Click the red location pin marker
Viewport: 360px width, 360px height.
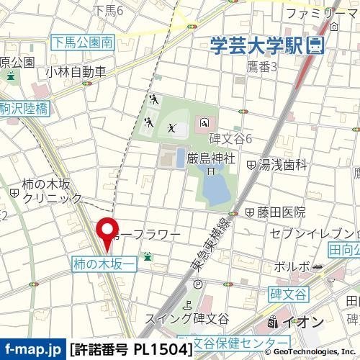coord(108,232)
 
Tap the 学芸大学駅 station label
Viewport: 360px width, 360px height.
coord(256,46)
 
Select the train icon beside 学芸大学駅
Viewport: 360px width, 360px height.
coord(314,46)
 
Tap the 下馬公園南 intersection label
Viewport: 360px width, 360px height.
coord(82,43)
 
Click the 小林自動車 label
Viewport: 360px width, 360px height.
coord(75,71)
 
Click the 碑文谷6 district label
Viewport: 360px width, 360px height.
coord(230,138)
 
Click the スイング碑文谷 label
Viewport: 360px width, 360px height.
coord(186,318)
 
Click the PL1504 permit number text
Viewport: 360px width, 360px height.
coord(161,349)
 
